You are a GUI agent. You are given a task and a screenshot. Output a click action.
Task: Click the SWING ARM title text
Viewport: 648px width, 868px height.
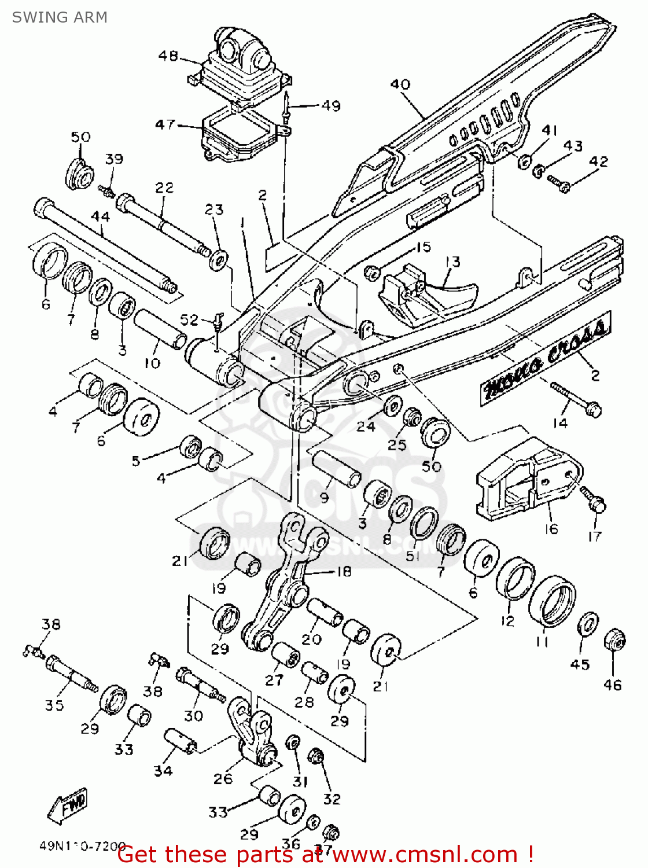[60, 17]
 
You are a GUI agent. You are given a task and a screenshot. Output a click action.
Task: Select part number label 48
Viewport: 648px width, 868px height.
[168, 56]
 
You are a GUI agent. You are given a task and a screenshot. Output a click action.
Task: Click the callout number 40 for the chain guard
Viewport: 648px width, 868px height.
[400, 84]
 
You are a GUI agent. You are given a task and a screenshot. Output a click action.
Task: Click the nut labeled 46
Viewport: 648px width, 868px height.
[614, 641]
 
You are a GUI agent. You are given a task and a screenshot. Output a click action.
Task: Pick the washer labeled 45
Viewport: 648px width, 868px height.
[588, 623]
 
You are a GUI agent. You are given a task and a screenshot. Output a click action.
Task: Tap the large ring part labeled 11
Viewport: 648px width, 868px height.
[552, 601]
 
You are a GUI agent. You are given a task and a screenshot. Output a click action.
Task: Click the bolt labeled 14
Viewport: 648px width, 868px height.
[576, 399]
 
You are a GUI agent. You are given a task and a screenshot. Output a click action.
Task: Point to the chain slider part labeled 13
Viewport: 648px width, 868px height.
[428, 295]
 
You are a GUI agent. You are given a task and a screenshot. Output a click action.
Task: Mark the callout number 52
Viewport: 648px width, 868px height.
[189, 319]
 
